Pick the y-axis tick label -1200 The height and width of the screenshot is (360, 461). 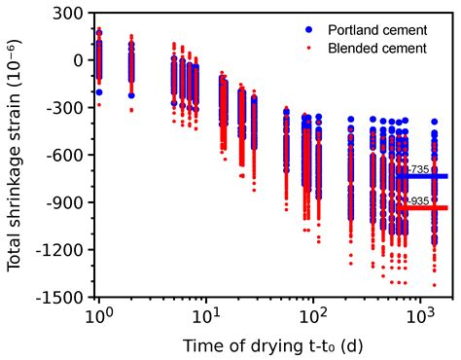pyautogui.click(x=59, y=250)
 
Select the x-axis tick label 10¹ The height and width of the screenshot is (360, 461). pyautogui.click(x=204, y=317)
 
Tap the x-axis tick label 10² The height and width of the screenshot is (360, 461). pyautogui.click(x=312, y=317)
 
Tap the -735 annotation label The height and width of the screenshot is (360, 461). pyautogui.click(x=419, y=169)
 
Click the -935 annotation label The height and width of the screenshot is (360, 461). pyautogui.click(x=419, y=200)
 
